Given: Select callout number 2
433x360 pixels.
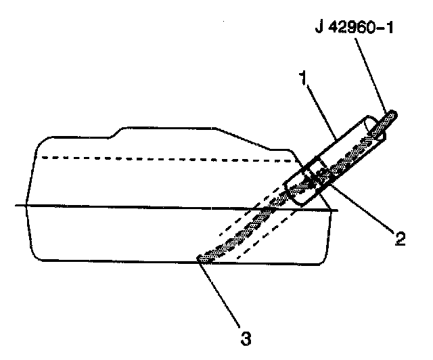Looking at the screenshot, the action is click(400, 238).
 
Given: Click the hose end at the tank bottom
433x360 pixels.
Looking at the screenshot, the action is click(202, 256).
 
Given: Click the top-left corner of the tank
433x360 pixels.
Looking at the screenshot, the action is click(42, 141).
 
